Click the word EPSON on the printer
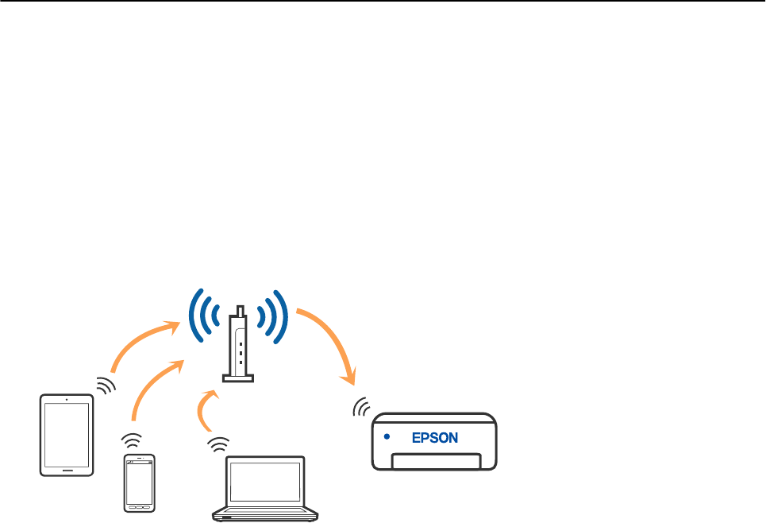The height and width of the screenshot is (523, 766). coord(434,437)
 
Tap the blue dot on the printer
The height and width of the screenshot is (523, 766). coord(387,436)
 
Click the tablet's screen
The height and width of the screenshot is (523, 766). coord(67,435)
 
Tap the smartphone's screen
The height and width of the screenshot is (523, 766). coord(140,482)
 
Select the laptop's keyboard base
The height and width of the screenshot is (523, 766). coord(265,515)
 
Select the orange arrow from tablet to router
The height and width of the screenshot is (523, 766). coord(143,342)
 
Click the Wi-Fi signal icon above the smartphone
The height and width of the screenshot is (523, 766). coord(132,440)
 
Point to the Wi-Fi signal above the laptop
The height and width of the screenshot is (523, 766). coord(216,444)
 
